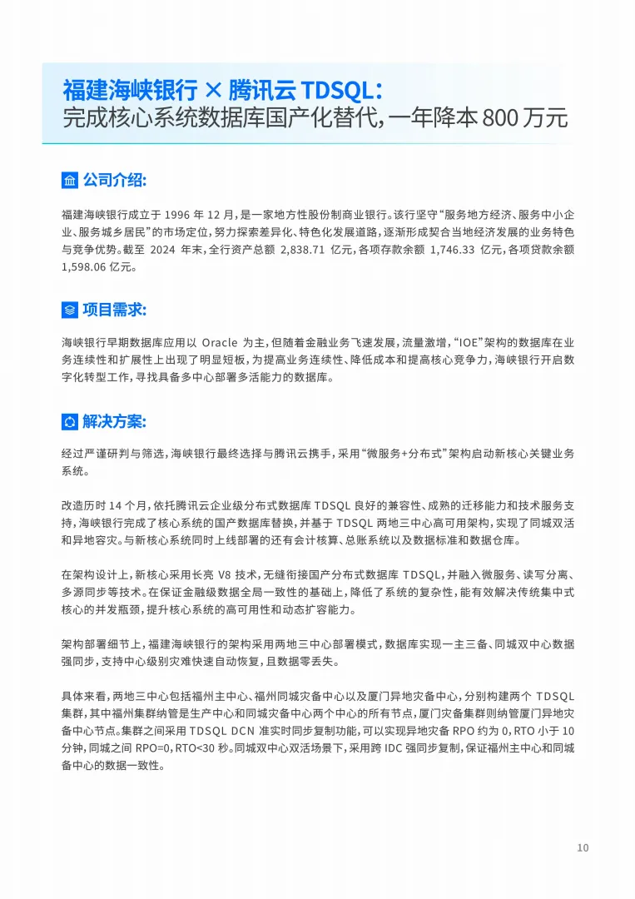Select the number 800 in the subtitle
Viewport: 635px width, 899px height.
[487, 118]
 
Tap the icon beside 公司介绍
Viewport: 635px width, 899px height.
[70, 180]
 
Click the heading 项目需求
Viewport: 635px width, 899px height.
[114, 310]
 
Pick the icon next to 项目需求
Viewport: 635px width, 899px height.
[70, 310]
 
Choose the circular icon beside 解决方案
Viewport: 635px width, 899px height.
[70, 422]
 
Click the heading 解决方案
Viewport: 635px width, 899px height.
[114, 421]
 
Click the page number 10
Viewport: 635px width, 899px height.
[583, 848]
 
